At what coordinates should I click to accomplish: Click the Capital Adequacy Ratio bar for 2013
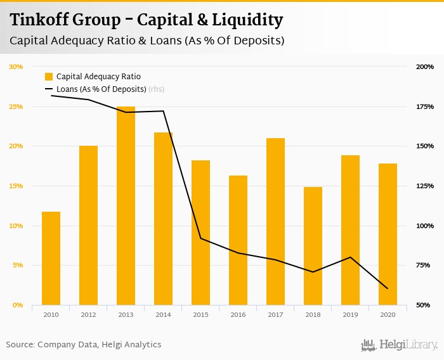126,206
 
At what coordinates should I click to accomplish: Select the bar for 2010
51,259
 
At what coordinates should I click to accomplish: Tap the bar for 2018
313,246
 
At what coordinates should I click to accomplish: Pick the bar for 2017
275,222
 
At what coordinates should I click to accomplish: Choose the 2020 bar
388,235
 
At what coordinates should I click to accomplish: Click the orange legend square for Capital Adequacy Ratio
49,77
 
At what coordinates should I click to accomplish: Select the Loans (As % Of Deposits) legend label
101,89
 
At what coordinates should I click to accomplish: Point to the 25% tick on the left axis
16,106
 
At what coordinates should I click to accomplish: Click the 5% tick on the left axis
17,266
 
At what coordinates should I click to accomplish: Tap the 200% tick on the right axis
425,67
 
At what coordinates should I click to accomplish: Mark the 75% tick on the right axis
425,266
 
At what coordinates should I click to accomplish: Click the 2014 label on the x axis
163,314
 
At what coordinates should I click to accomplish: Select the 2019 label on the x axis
350,314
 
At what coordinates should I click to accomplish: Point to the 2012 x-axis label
88,314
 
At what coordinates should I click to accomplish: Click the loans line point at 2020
388,288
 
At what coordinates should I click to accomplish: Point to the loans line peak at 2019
350,257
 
